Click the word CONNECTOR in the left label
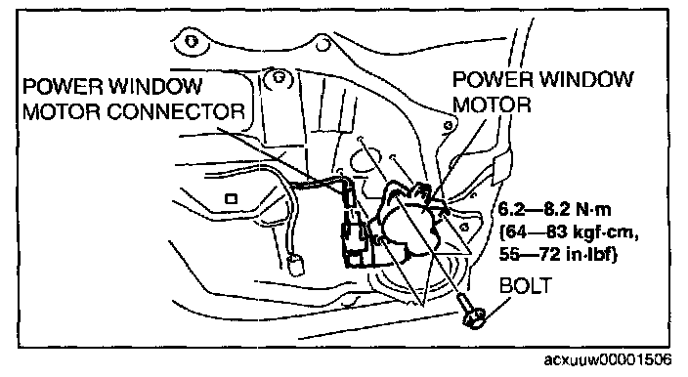click(x=176, y=111)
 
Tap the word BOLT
click(x=525, y=286)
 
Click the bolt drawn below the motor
click(x=471, y=313)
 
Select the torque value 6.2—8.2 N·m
click(x=555, y=209)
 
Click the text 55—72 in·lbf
click(x=558, y=254)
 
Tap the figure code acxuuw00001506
click(x=607, y=359)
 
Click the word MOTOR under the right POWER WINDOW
click(x=492, y=105)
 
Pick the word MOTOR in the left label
click(x=61, y=111)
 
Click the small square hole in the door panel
click(x=232, y=198)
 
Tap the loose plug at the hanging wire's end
click(x=295, y=266)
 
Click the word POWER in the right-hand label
click(x=494, y=79)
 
